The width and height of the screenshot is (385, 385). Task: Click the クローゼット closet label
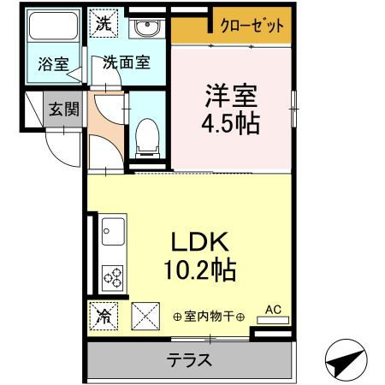pos(252,26)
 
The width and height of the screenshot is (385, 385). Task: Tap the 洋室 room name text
pos(229,93)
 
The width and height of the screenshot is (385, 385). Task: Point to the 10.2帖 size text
pos(201,271)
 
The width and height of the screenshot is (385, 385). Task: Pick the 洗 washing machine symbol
pos(104,23)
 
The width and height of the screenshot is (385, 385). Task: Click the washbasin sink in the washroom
pos(145,26)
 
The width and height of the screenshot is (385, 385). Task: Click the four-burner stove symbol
pos(112,276)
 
